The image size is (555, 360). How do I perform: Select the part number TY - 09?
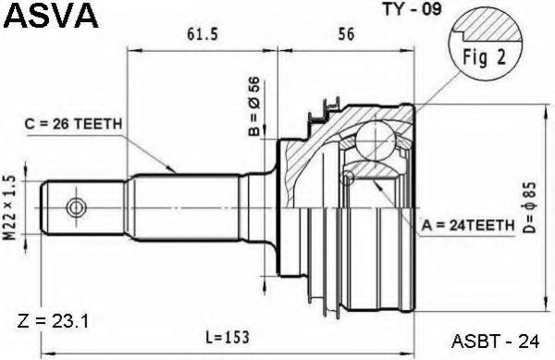coord(413,9)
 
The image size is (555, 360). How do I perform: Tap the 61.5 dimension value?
coord(203,34)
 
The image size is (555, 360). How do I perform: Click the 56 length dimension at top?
coord(346,34)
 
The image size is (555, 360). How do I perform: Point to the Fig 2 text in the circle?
coord(485,57)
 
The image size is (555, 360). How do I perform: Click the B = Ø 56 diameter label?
coord(254,106)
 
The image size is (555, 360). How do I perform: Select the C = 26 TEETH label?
coord(73,124)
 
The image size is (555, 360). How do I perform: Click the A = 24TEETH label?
coord(467,225)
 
